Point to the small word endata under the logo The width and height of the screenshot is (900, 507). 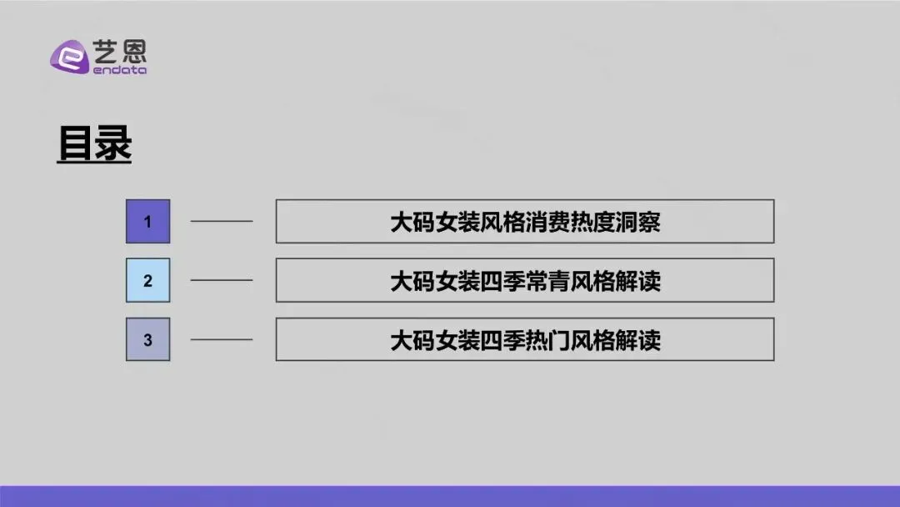tap(118, 71)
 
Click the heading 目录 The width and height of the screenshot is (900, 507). tap(94, 143)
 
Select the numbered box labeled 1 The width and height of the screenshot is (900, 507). tap(147, 222)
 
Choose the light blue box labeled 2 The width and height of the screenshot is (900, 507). tap(147, 280)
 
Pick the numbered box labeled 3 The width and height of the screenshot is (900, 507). tap(147, 339)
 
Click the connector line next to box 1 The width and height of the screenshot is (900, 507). tap(222, 222)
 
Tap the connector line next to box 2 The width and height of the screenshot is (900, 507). tap(222, 280)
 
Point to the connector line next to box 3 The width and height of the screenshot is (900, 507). tap(222, 339)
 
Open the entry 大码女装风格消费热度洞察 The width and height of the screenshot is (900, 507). tap(525, 222)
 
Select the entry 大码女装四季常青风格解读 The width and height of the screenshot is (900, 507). tap(525, 280)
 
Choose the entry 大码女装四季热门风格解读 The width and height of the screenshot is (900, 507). tap(525, 339)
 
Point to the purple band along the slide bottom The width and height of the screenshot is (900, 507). tap(450, 496)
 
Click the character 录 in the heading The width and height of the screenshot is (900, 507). tap(112, 143)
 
